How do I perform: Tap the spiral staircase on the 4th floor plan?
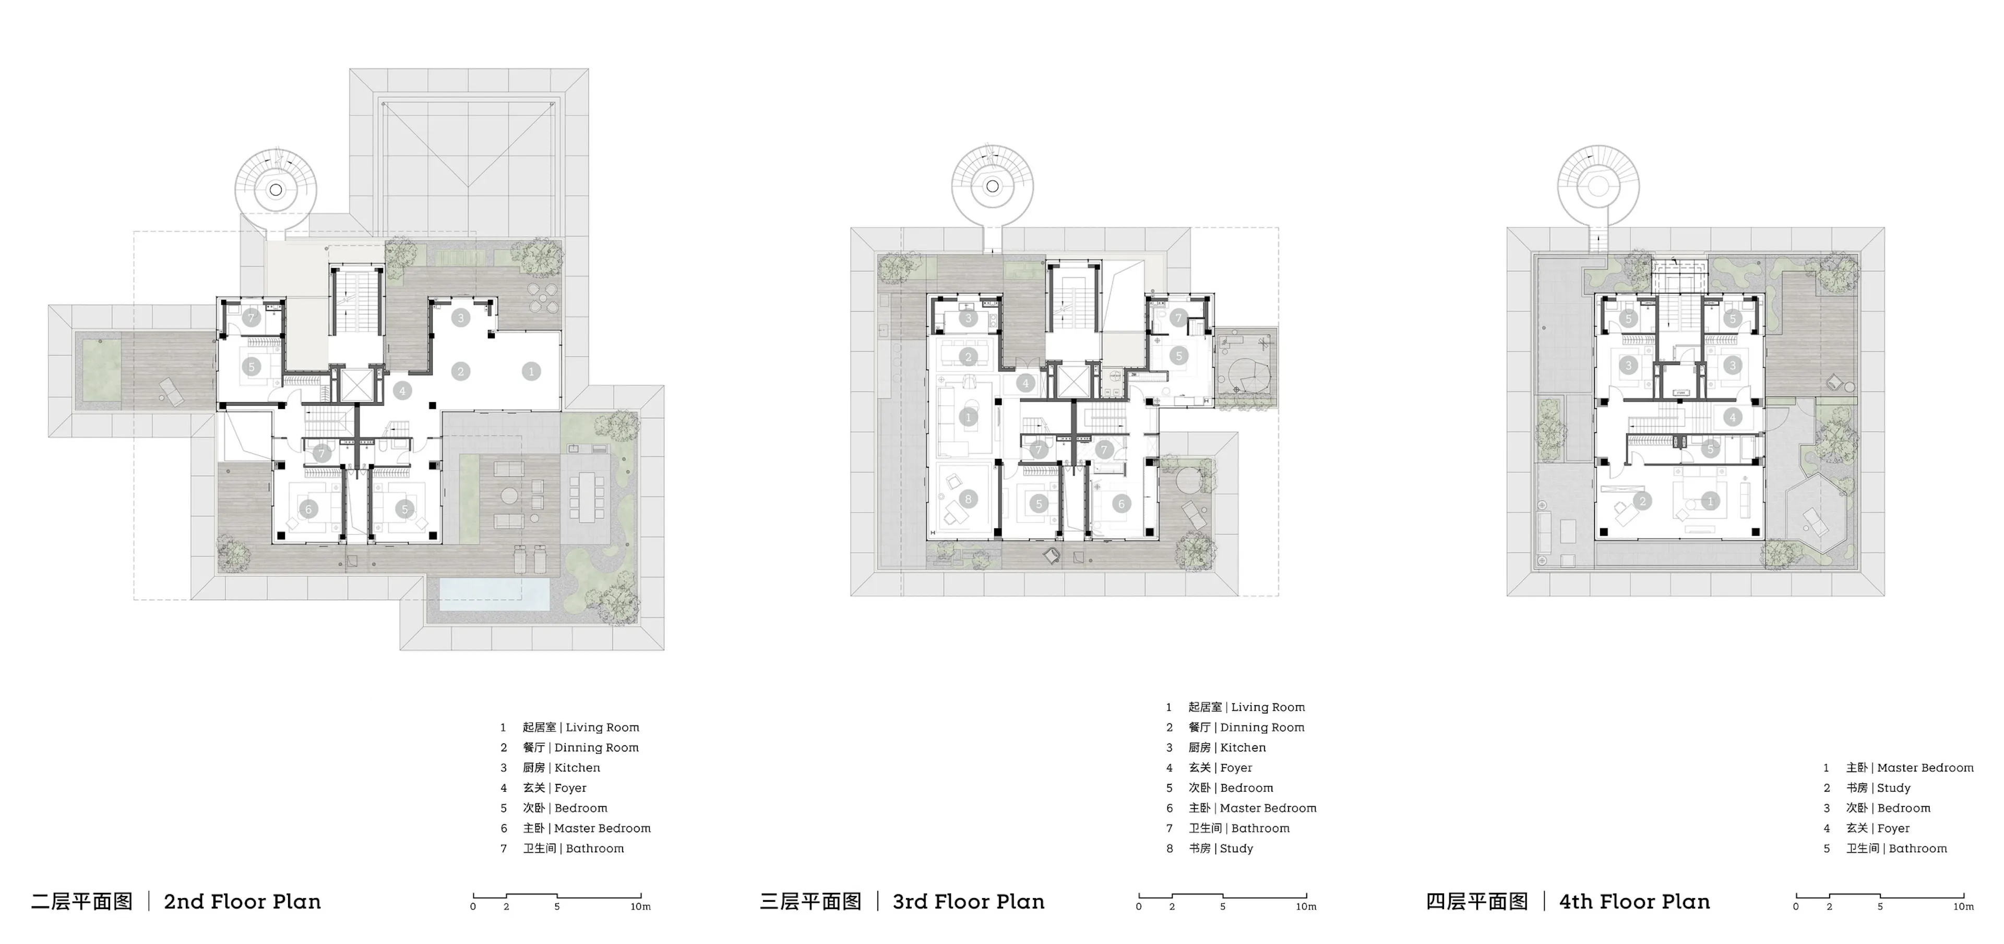(x=1598, y=187)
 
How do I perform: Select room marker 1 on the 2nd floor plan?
(x=531, y=372)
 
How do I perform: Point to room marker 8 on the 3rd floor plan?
(x=968, y=499)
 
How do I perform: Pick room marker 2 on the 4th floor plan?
(x=1642, y=501)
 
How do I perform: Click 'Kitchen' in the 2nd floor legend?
(x=577, y=768)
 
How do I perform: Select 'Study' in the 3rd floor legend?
(x=1236, y=849)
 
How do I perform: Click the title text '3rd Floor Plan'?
(x=969, y=901)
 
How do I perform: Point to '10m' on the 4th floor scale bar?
(x=1963, y=906)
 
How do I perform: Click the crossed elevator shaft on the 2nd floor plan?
(x=357, y=384)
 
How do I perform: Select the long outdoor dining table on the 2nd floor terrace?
(x=586, y=498)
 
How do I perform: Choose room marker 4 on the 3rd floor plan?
(x=1025, y=383)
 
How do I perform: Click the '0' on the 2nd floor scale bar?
(x=473, y=906)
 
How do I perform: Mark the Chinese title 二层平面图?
(x=82, y=901)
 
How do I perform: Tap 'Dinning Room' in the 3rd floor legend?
(x=1262, y=727)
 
